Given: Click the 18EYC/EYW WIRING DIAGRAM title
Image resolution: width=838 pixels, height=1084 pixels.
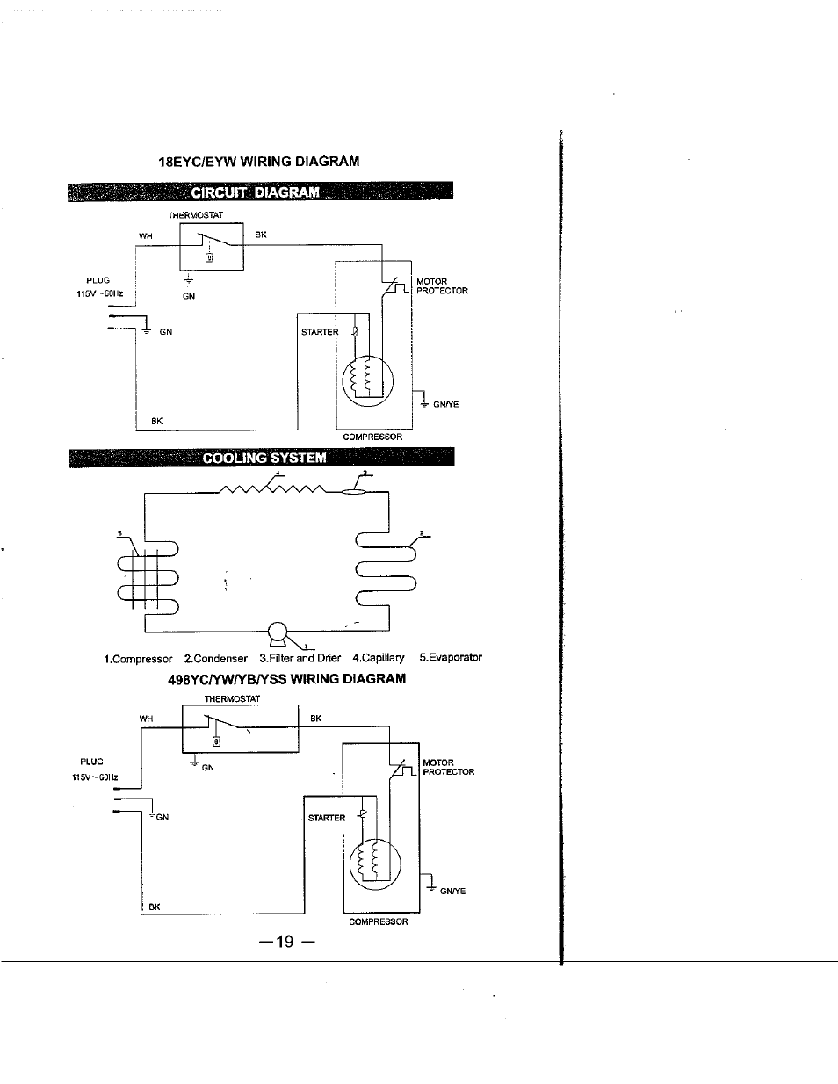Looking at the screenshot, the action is (x=259, y=162).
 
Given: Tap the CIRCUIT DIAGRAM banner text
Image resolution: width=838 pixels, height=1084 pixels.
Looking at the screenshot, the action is (x=256, y=192).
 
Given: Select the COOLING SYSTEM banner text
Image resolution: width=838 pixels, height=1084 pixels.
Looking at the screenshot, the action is (x=264, y=458).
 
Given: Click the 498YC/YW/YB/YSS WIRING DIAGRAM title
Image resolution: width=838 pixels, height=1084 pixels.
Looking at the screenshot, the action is (x=287, y=679).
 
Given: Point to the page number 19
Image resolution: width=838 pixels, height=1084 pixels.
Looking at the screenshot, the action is (x=285, y=942).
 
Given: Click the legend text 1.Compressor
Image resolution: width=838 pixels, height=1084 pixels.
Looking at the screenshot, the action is (x=138, y=659).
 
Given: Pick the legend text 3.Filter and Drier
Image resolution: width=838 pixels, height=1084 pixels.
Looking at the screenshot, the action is (x=300, y=658).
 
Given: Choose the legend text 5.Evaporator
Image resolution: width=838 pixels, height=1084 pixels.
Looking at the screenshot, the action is (x=451, y=657).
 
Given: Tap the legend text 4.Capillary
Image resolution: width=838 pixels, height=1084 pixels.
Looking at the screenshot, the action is (x=379, y=658).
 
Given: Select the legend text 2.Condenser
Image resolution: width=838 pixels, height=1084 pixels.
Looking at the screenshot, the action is (x=216, y=659).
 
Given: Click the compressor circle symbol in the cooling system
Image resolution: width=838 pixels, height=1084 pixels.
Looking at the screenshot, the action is (x=278, y=632).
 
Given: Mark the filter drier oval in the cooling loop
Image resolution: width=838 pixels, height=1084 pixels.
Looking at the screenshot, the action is (x=353, y=492).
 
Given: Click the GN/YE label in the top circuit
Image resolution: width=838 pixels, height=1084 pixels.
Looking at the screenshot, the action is (x=446, y=405).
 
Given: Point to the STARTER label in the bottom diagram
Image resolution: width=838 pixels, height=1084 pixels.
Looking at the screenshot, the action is (x=327, y=818).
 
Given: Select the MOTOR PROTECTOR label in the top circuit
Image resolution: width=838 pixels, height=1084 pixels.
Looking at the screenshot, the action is (x=443, y=285).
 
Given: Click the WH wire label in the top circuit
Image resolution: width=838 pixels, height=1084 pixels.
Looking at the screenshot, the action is (x=146, y=236).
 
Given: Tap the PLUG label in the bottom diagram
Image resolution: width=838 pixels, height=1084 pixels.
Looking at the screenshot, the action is (x=91, y=762).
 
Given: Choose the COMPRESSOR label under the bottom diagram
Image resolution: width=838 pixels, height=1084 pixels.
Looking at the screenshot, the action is (x=379, y=921).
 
